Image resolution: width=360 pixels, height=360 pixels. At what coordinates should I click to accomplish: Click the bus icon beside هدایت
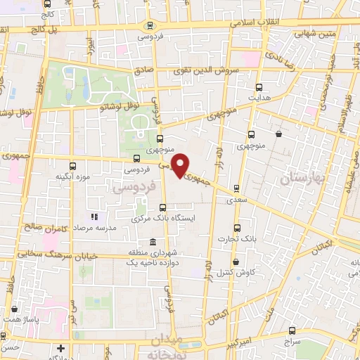(260, 88)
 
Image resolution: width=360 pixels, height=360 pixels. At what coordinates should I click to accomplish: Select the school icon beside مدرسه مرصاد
(95, 217)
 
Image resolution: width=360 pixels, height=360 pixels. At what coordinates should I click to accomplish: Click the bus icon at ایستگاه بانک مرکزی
(163, 207)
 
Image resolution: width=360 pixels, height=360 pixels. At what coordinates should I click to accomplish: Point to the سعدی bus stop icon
(236, 188)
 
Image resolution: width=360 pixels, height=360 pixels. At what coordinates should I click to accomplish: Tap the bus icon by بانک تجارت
(236, 227)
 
